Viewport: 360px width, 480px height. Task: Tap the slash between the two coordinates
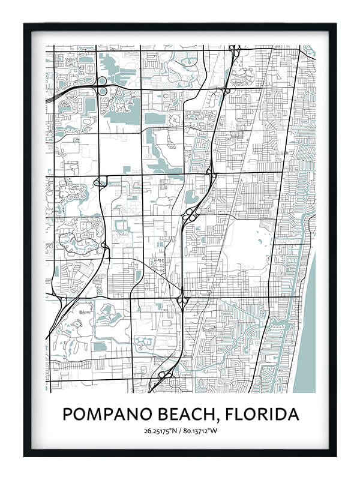tap(181, 430)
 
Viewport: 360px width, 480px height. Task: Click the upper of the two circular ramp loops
tap(102, 81)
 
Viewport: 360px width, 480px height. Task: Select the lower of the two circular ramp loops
tap(103, 91)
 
